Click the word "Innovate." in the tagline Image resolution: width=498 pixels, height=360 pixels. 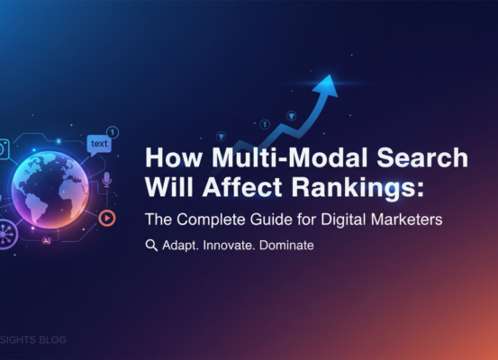(x=223, y=245)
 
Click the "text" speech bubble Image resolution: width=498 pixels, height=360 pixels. (x=98, y=143)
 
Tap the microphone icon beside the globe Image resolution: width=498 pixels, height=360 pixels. (x=106, y=180)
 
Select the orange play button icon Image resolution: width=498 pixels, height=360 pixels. (x=106, y=217)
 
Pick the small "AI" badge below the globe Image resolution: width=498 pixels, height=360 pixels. (x=45, y=241)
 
